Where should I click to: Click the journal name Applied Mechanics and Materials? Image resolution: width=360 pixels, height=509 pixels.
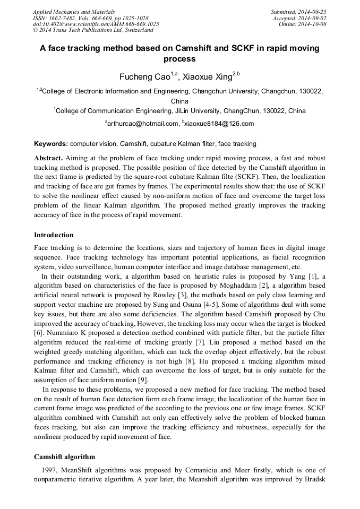(74, 11)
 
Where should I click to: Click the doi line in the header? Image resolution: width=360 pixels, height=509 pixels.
(96, 24)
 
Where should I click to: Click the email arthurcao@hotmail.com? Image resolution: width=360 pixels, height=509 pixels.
(142, 124)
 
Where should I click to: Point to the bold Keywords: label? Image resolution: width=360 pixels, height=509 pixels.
(51, 144)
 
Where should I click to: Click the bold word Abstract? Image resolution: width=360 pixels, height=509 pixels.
(48, 158)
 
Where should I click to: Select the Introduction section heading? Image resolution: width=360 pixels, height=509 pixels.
(54, 235)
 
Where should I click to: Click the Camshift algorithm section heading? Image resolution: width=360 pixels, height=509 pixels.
(64, 456)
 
